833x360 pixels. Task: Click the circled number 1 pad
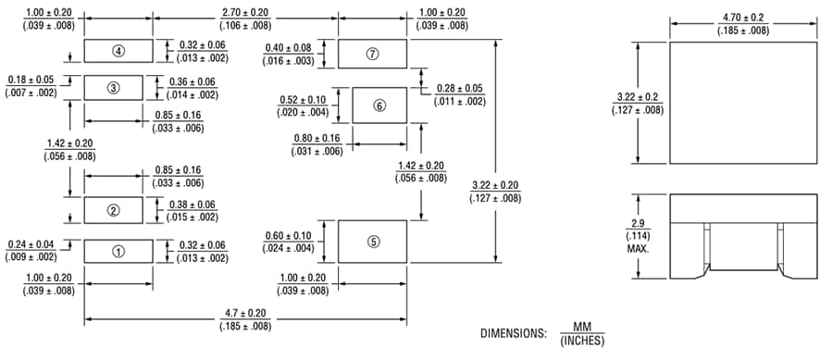[x=118, y=251]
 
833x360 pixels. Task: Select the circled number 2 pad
[x=113, y=210]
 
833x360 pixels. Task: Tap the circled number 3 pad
[x=113, y=88]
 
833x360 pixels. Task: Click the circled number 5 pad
[x=373, y=242]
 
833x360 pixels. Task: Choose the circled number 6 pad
[x=379, y=106]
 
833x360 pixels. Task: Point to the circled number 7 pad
[x=373, y=54]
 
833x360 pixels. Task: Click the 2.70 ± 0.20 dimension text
[x=245, y=12]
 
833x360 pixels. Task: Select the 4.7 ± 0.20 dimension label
[x=245, y=316]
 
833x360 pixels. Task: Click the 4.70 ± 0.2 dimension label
[x=743, y=19]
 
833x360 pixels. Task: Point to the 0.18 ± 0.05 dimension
[x=32, y=81]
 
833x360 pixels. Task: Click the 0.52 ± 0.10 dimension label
[x=302, y=100]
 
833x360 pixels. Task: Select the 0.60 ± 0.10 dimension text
[x=302, y=236]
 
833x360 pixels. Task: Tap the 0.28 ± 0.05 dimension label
[x=460, y=90]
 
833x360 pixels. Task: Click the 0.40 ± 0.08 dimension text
[x=302, y=48]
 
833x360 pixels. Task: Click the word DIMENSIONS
[x=511, y=333]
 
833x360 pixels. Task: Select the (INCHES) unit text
[x=581, y=341]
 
